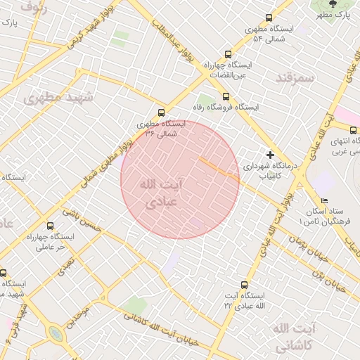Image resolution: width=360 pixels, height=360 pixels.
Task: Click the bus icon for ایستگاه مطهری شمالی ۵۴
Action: click(x=268, y=18)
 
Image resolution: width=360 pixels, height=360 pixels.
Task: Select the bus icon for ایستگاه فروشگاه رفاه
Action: click(x=225, y=96)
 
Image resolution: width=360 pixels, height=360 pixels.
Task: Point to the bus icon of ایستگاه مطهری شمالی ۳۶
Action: click(x=162, y=112)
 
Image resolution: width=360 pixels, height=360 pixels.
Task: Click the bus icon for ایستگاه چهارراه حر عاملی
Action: click(x=49, y=226)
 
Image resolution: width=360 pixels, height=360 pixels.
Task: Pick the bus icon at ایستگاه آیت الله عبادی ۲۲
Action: click(x=244, y=285)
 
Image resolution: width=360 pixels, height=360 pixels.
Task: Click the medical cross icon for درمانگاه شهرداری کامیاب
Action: click(x=270, y=154)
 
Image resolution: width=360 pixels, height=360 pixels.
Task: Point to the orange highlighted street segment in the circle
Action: click(x=219, y=169)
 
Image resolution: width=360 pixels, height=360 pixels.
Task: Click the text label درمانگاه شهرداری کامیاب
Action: click(x=271, y=172)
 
